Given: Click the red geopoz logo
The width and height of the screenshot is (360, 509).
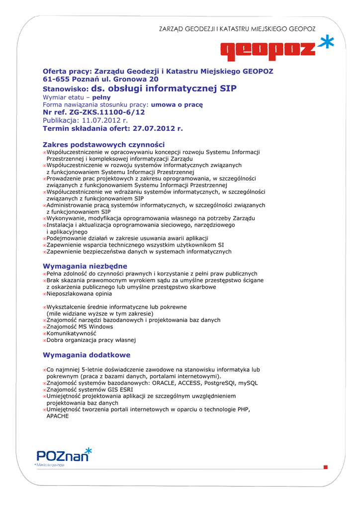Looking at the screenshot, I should click(268, 50).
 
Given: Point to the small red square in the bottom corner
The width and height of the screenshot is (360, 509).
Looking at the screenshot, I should click(325, 467).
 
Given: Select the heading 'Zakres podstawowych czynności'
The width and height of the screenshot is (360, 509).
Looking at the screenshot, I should click(103, 144).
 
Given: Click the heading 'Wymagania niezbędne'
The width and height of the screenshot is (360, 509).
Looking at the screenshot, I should click(85, 266).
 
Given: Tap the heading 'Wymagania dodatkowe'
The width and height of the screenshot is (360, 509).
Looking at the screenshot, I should click(87, 355).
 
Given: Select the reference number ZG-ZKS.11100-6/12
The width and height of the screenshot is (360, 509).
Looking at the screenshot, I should click(104, 112).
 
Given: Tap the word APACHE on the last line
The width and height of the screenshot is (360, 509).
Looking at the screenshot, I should click(57, 416).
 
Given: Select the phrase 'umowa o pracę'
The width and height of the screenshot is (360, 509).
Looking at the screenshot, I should click(177, 105).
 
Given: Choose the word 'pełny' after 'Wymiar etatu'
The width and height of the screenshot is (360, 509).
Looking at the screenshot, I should click(101, 97).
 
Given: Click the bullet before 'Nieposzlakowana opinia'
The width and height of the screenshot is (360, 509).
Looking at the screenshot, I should click(44, 294).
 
